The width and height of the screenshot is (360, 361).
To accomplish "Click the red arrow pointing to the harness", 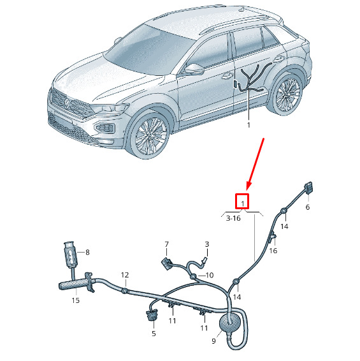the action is pos(256,164).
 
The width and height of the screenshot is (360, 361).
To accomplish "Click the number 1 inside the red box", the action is pos(243,203).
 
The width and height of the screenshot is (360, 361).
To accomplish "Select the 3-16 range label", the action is pos(233,218).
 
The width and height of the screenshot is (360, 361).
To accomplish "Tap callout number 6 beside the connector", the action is pos(308,207).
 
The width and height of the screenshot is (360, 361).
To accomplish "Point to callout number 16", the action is pos(273,251).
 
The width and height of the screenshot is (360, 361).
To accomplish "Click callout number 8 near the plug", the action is pos(87,253).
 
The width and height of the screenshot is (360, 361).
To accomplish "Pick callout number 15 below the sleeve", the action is pos(75,300).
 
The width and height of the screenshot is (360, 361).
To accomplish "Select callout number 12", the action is pos(125,275).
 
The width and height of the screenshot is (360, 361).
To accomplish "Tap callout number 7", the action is pos(166,244).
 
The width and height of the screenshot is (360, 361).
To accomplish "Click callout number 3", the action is pos(207,244).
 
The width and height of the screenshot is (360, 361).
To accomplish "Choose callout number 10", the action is pos(210,275).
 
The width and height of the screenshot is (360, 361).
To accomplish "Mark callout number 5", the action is pos(154,334).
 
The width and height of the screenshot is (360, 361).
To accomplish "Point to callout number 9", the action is pos(213,341).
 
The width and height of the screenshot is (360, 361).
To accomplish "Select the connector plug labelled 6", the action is pos(308,188).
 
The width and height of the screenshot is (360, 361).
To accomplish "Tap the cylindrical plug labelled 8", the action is pos(71,254).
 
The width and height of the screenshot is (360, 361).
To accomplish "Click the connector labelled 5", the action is pos(152,314).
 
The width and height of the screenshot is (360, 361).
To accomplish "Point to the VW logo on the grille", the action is pos(66,103).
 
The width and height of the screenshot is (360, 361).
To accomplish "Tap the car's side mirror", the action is pos(194,69).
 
